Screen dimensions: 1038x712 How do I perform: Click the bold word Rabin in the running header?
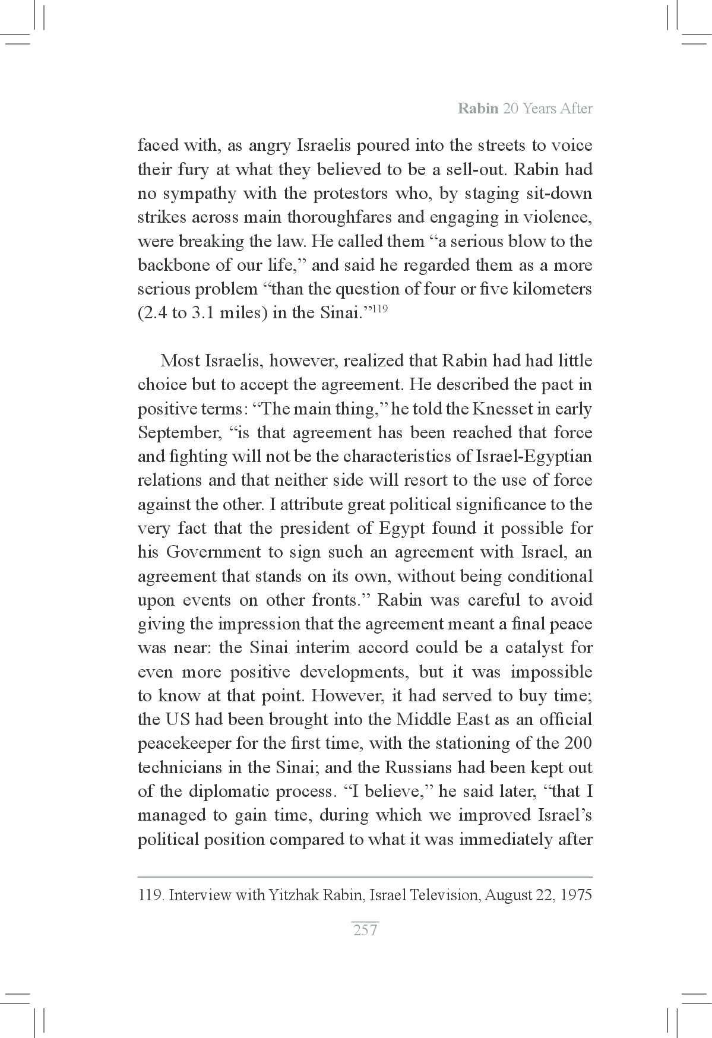tap(477, 109)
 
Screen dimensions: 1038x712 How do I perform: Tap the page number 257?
tap(365, 931)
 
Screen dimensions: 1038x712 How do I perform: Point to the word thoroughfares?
tap(339, 217)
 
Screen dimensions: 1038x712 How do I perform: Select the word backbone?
tap(166, 265)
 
